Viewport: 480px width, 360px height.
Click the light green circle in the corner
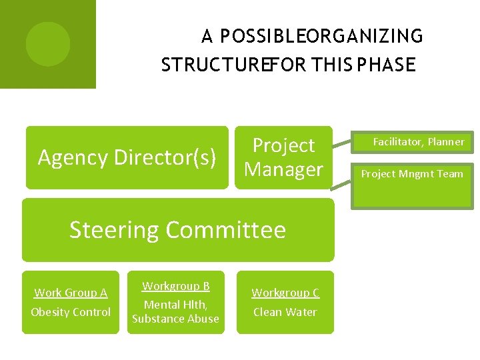point(47,44)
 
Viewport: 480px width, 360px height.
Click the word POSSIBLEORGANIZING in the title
point(321,35)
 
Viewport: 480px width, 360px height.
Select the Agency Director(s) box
point(127,157)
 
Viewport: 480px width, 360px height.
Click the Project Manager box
point(283,157)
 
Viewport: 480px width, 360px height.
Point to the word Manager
point(283,169)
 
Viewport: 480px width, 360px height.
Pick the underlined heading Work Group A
point(71,293)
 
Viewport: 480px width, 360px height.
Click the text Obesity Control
point(71,312)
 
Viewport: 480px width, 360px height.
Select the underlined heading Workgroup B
point(176,286)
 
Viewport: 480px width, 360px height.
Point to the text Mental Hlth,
point(176,305)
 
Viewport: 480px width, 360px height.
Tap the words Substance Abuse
point(176,319)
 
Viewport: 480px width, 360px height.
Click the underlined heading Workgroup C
point(285,293)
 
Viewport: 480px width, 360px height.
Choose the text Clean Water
point(285,312)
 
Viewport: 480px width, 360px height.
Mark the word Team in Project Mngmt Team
point(450,174)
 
